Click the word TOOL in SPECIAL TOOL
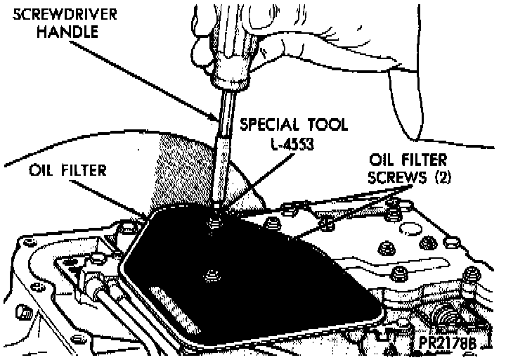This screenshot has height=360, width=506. tap(324, 125)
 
